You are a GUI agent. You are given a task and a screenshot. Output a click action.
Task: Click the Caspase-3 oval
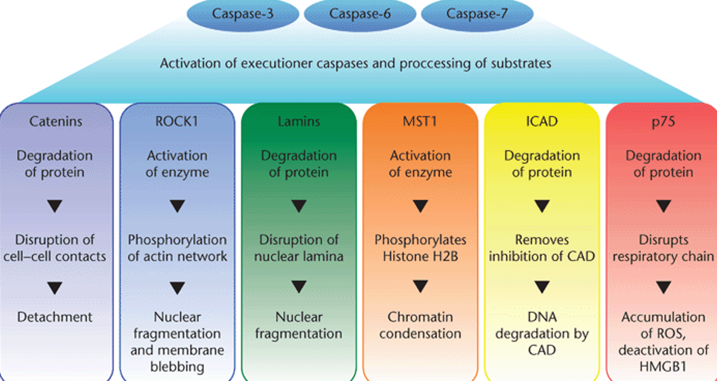coord(243,14)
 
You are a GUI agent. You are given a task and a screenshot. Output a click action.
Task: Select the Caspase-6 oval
coord(360,14)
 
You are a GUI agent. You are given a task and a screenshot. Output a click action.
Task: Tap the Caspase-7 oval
coord(477,14)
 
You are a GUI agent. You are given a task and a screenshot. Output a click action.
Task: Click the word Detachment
coord(55,317)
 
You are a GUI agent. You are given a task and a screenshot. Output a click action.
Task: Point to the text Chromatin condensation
coord(420,325)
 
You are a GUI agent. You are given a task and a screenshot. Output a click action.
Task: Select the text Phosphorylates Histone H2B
coord(420,248)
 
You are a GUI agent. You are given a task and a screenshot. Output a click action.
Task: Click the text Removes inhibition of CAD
coord(542,248)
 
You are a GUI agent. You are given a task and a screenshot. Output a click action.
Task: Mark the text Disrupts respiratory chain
coord(663,248)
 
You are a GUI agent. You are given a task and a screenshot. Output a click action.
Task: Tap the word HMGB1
coord(663,366)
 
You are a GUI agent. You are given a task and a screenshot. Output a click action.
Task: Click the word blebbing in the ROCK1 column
coord(177,366)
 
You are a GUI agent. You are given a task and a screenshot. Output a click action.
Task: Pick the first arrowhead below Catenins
coord(55,207)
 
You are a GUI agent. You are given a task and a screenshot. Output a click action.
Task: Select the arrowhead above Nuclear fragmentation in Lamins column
coord(299,288)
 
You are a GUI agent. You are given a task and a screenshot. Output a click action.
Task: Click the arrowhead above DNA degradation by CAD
coord(542,288)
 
